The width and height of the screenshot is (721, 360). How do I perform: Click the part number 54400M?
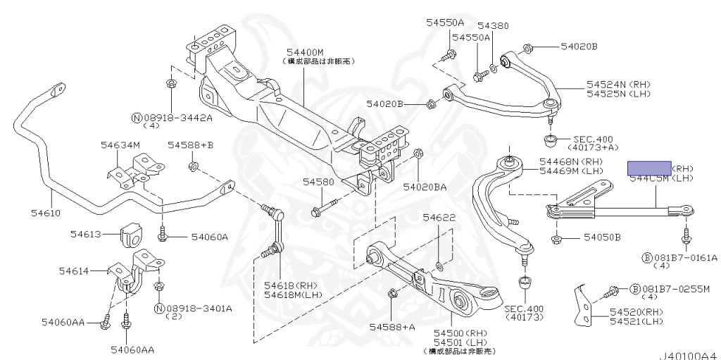click(305, 52)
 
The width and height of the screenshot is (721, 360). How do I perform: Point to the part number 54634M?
click(120, 145)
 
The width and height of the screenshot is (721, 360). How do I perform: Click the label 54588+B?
click(190, 145)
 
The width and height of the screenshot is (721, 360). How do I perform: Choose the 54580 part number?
click(318, 181)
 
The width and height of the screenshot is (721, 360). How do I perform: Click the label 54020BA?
click(425, 187)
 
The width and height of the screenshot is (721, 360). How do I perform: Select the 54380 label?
click(493, 26)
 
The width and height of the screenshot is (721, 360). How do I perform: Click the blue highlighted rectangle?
click(649, 168)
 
